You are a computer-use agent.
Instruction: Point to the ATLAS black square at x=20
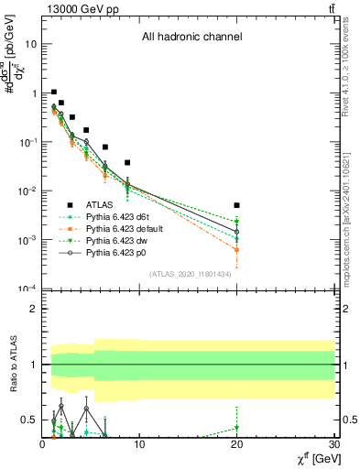click(237, 205)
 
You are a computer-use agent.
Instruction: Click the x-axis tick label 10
click(139, 445)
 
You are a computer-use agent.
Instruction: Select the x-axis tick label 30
click(333, 445)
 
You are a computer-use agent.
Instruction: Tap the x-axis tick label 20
click(237, 445)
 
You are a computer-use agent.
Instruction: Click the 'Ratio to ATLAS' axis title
click(13, 364)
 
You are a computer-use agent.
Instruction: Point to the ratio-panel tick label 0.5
click(30, 420)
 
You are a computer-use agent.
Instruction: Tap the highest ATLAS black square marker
click(54, 92)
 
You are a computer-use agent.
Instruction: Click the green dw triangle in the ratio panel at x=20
click(237, 428)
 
